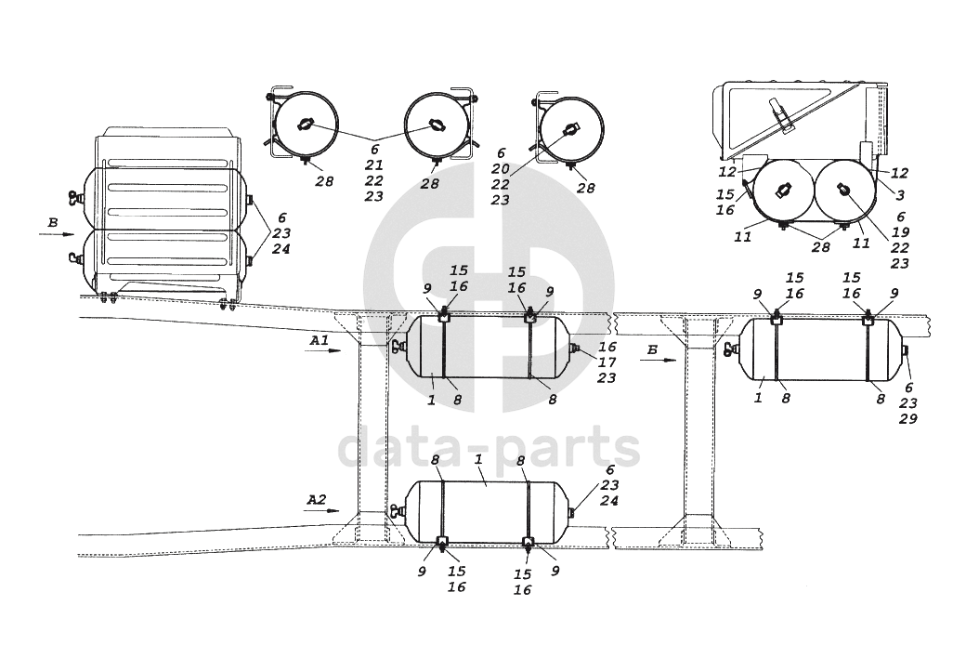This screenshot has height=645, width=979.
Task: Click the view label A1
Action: point(319,341)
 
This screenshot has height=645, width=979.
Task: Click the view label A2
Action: point(317,499)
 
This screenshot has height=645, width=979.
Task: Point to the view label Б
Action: point(652,350)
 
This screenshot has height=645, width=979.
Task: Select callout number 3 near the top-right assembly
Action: point(900,195)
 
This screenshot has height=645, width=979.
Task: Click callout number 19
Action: point(900,232)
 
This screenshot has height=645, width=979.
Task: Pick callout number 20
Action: point(500,169)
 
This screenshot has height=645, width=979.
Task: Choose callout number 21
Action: point(374,165)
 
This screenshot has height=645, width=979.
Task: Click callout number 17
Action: point(607,362)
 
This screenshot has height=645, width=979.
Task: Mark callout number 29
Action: point(907,419)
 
